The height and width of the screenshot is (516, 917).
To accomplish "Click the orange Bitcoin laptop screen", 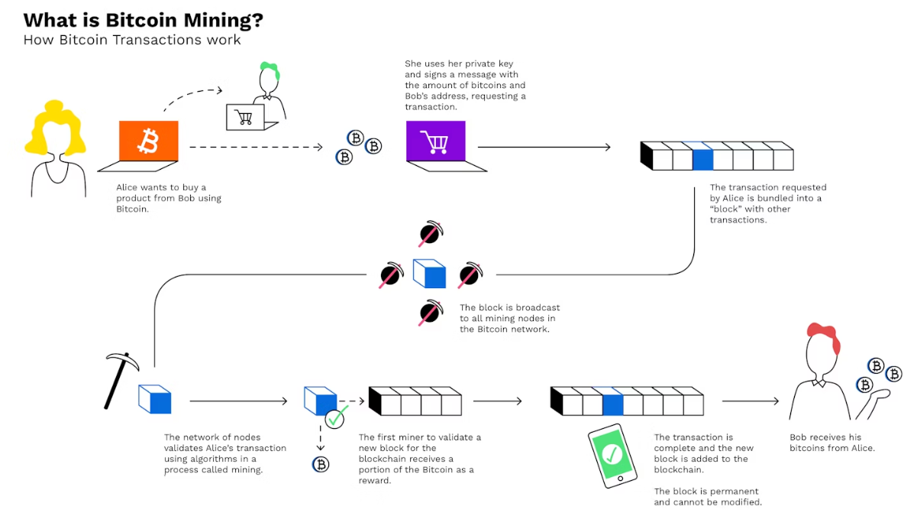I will pyautogui.click(x=148, y=141).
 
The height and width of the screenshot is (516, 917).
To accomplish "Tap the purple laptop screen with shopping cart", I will pyautogui.click(x=436, y=141).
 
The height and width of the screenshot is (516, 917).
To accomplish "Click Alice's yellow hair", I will pyautogui.click(x=53, y=126).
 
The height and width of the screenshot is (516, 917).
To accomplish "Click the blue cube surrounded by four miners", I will pyautogui.click(x=429, y=273).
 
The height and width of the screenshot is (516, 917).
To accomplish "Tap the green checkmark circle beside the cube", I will pyautogui.click(x=335, y=418).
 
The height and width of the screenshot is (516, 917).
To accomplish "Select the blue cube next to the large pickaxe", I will pyautogui.click(x=155, y=399).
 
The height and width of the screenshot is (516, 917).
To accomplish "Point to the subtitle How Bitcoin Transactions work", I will pyautogui.click(x=132, y=40).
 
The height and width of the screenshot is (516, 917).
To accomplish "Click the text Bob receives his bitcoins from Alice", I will pyautogui.click(x=831, y=443).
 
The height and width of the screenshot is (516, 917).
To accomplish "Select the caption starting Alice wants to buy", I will pyautogui.click(x=169, y=198).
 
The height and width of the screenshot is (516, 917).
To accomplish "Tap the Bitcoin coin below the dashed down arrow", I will pyautogui.click(x=321, y=464).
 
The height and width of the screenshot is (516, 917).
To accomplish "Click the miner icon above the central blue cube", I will pyautogui.click(x=431, y=234).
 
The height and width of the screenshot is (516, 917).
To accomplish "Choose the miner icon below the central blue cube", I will pyautogui.click(x=431, y=312).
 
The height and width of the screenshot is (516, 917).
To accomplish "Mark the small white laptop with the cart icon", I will pyautogui.click(x=245, y=117).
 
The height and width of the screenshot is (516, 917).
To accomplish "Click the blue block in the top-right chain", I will pyautogui.click(x=702, y=159).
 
